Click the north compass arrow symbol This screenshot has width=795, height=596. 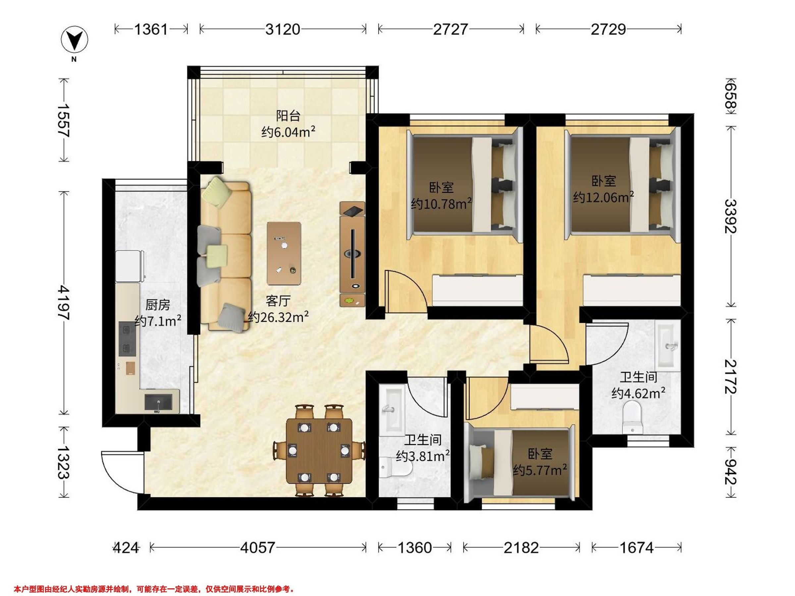click(x=75, y=39)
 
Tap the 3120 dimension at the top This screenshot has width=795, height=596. click(x=283, y=29)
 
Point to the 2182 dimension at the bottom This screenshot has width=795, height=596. click(x=521, y=548)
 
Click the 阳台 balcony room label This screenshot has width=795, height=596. click(x=288, y=116)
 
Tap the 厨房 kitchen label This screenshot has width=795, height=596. click(x=157, y=305)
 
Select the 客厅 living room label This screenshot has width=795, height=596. click(x=278, y=301)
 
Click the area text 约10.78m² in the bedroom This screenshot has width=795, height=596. click(x=441, y=204)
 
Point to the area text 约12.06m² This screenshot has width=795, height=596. click(x=604, y=197)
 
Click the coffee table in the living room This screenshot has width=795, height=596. click(x=284, y=253)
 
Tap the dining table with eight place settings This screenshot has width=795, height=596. click(x=319, y=451)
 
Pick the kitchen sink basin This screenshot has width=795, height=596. click(x=158, y=402)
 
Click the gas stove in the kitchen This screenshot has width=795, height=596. click(x=128, y=339)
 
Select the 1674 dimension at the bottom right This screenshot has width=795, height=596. click(x=636, y=548)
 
